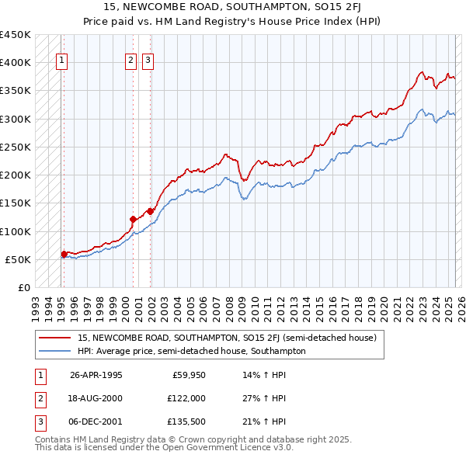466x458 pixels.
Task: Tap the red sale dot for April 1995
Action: tap(64, 253)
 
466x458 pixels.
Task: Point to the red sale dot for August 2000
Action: tap(133, 218)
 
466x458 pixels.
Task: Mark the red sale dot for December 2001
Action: tap(150, 210)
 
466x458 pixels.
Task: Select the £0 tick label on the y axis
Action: tap(24, 288)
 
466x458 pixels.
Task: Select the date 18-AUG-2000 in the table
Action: tap(96, 398)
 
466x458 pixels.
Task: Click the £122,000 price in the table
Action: tap(186, 398)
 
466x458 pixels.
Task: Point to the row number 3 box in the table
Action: tap(38, 422)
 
